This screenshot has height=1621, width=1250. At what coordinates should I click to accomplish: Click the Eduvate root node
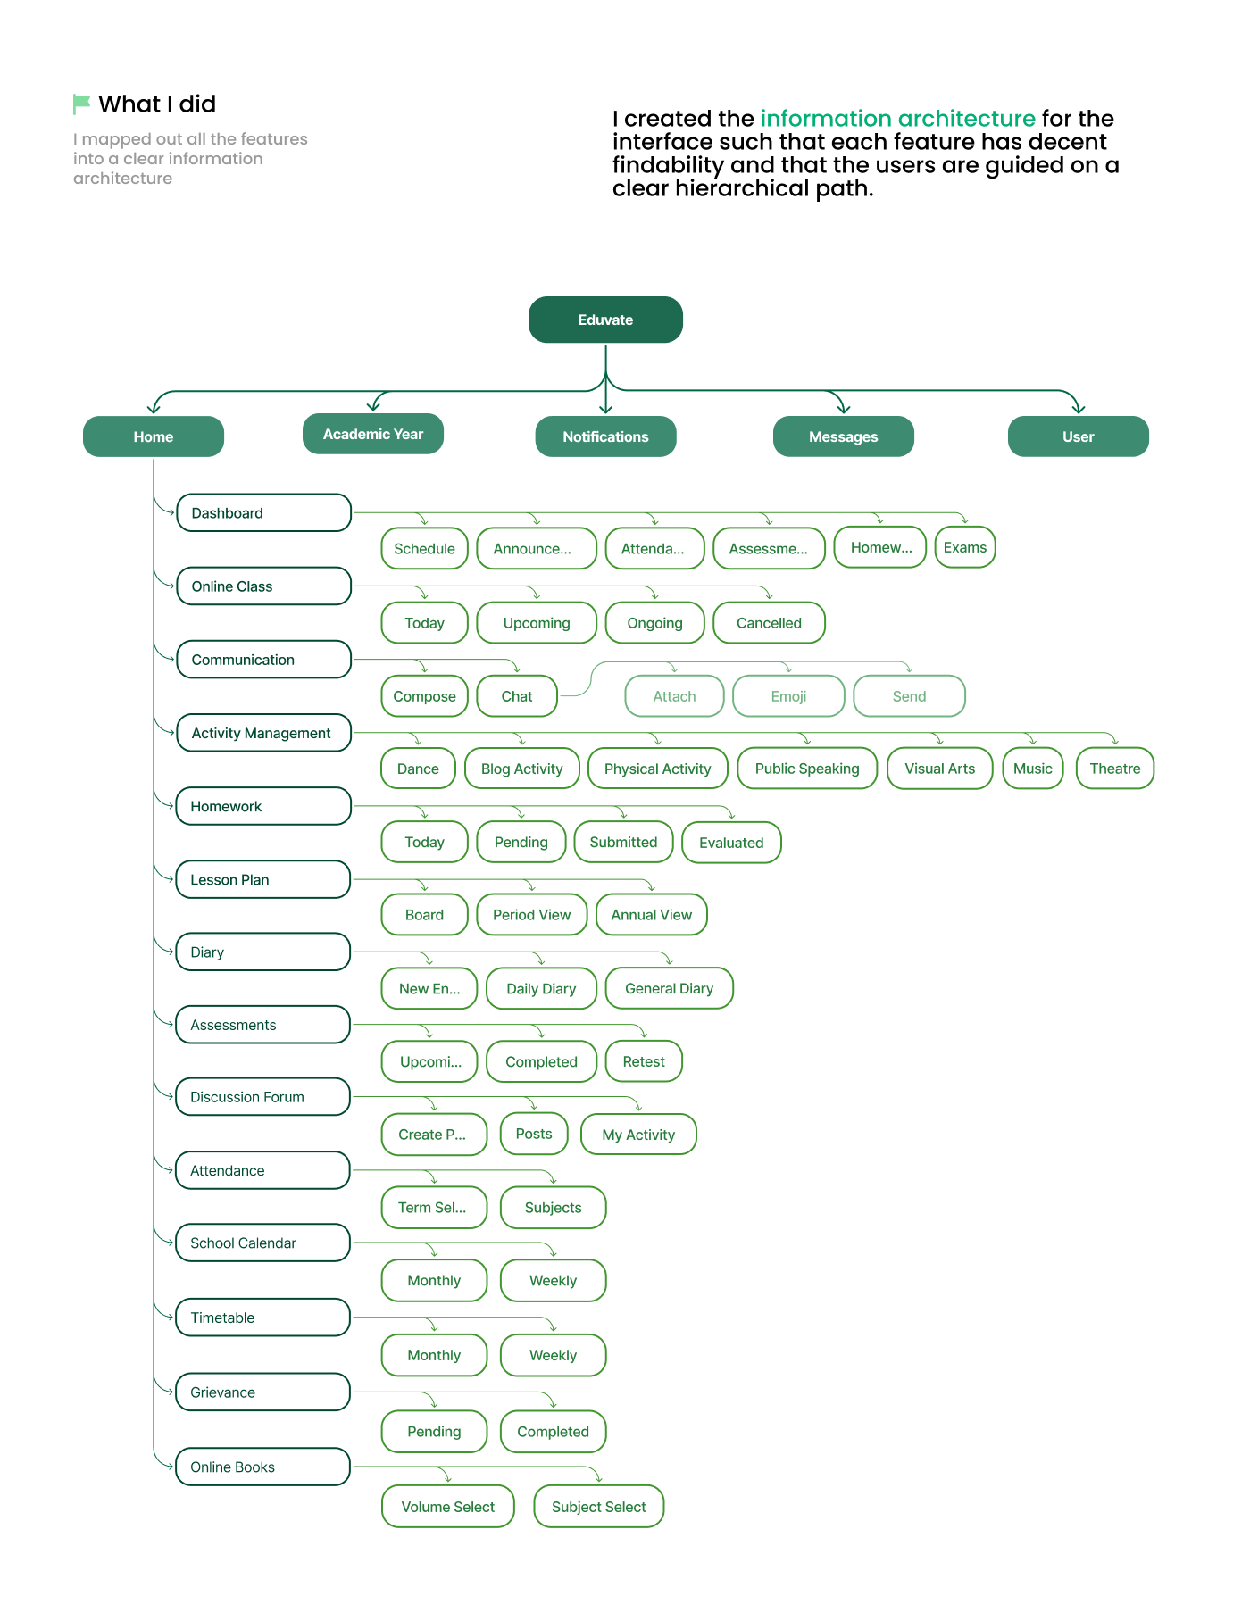(605, 320)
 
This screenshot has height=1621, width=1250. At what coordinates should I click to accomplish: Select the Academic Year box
(373, 434)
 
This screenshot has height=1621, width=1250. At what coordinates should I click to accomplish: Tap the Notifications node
(605, 436)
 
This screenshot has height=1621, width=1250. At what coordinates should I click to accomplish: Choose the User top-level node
(1078, 436)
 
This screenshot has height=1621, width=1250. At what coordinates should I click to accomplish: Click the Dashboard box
(263, 512)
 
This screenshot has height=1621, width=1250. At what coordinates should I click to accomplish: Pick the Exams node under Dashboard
(965, 547)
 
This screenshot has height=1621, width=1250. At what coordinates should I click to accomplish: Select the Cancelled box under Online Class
(769, 623)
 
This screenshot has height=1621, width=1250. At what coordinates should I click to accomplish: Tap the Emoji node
(788, 696)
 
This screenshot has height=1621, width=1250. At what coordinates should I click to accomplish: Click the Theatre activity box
(1115, 769)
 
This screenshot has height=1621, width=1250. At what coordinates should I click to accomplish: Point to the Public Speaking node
(807, 769)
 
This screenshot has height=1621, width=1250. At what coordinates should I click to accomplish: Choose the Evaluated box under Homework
(731, 843)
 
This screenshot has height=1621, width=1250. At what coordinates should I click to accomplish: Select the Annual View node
(652, 915)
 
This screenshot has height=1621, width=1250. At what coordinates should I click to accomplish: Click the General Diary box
(670, 988)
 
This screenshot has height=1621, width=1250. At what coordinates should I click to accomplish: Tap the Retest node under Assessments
(644, 1061)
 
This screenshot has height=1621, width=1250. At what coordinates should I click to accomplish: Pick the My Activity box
(638, 1135)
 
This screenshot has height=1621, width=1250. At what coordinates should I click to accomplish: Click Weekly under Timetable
(554, 1355)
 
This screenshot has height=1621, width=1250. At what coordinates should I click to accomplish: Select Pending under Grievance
(434, 1432)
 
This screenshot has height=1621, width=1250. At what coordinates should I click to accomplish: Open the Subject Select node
(599, 1507)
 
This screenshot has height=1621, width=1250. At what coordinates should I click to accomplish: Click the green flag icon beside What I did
(81, 104)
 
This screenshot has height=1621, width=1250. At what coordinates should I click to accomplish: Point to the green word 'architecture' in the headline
(966, 119)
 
